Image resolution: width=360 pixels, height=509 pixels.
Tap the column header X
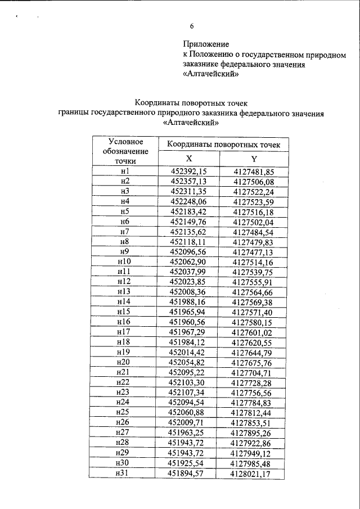coord(189,159)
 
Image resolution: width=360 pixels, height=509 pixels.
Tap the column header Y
coord(254,159)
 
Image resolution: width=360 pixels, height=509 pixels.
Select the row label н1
coord(125,171)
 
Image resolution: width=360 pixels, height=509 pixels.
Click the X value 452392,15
coord(189,172)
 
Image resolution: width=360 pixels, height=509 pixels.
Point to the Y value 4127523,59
coord(254,201)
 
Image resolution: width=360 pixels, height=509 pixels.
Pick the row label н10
coord(124,262)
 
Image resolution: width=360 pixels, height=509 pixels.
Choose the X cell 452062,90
coord(189,262)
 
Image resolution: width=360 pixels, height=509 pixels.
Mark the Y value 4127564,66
coord(254,292)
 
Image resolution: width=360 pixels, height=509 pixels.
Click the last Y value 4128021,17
coord(254,475)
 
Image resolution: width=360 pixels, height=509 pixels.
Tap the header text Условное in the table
coord(125,141)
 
